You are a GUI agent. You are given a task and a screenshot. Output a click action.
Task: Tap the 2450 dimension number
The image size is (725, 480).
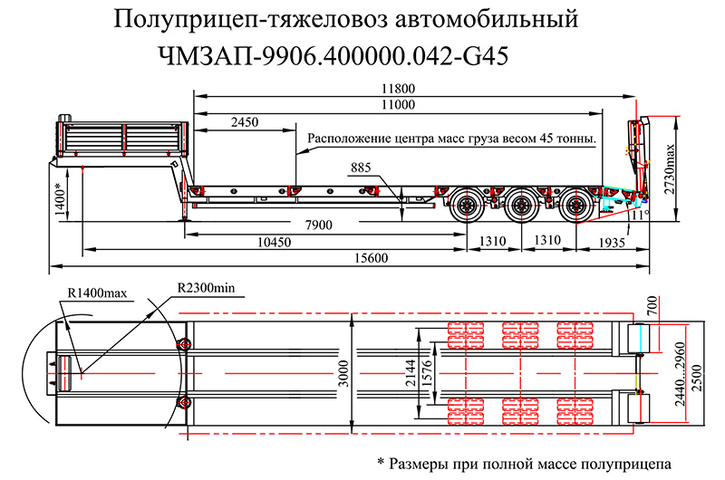coord(245,122)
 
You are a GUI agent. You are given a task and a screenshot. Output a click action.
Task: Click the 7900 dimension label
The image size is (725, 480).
coord(317,225)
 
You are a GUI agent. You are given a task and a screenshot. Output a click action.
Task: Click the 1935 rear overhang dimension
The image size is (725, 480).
coord(613,242)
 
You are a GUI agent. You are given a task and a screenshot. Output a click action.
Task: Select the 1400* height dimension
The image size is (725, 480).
coord(59,198)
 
